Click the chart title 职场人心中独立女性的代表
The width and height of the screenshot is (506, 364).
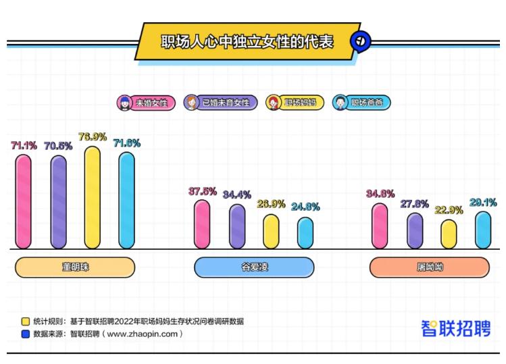(247, 41)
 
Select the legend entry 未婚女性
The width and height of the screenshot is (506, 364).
(146, 103)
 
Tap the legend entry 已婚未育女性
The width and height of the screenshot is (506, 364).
(220, 103)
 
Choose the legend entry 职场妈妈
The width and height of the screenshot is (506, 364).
(295, 103)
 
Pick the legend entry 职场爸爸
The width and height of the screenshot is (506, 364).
(362, 103)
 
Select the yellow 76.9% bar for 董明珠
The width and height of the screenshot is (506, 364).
(93, 197)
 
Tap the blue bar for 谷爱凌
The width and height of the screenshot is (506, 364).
(305, 232)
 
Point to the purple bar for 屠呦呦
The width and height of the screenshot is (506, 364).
(415, 231)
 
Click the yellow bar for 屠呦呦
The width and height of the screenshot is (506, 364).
(449, 234)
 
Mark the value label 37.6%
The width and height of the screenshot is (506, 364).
(202, 191)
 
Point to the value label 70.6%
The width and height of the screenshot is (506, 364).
(58, 145)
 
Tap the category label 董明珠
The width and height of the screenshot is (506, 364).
(75, 267)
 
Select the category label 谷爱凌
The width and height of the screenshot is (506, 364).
(255, 267)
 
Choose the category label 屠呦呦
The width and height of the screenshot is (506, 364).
(430, 267)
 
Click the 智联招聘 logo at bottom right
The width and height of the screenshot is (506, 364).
(457, 328)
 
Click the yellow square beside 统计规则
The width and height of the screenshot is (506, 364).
(25, 321)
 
